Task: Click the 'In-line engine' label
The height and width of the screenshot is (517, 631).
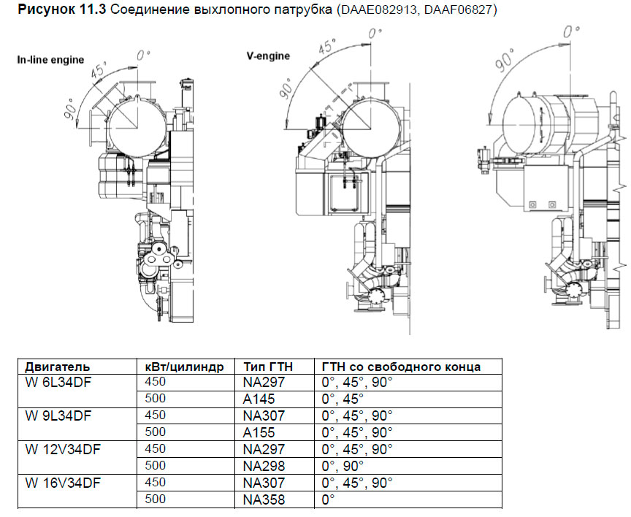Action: point(50,60)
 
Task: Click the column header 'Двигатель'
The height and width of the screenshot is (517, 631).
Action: point(58,366)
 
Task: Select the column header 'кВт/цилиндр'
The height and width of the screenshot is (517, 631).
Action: point(183,366)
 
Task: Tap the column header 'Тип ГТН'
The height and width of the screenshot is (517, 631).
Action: point(268,366)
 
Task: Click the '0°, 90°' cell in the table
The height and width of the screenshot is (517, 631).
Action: point(343,466)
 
